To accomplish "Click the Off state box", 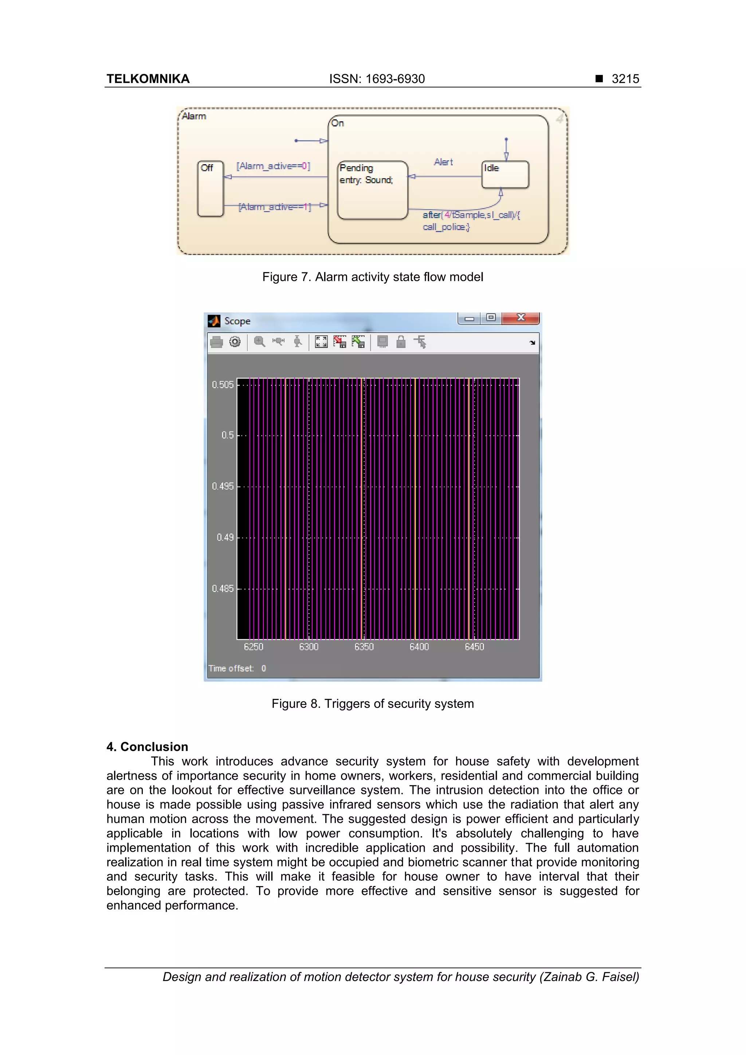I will coord(210,188).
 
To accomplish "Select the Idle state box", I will coord(505,174).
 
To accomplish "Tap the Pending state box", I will coord(372,190).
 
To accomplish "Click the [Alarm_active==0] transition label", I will coord(273,166).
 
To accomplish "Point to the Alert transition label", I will coord(443,162).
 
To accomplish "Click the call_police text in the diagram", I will coord(446,227).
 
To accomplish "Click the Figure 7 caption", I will coord(372,277).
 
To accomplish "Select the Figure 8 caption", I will coord(372,704).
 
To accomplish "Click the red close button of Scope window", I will coord(521,318).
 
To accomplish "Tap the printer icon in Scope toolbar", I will coord(216,342).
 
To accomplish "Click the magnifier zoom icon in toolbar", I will coord(260,341).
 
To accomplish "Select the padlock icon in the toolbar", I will coord(401,341).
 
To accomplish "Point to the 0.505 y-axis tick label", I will coord(223,385).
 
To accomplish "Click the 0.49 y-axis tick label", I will coord(225,537).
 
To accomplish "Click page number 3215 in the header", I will coord(625,79).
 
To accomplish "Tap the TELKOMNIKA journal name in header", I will coord(148,79).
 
